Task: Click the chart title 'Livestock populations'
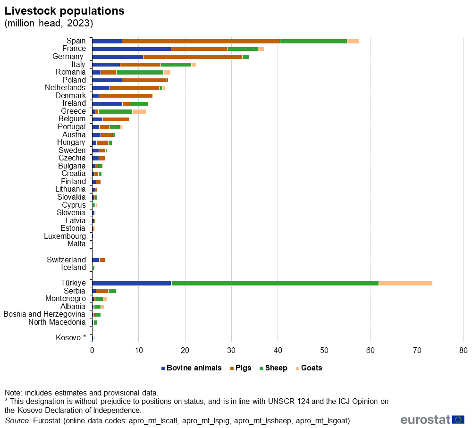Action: click(x=65, y=11)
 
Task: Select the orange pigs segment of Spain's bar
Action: click(x=201, y=41)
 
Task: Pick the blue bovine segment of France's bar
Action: click(x=131, y=49)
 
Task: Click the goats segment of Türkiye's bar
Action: click(x=405, y=283)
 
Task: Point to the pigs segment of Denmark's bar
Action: click(x=126, y=95)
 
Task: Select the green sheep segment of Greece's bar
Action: click(x=115, y=111)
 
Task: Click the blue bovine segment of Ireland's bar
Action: click(x=107, y=103)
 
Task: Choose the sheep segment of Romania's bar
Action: click(x=140, y=72)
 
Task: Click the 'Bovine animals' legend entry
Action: click(x=191, y=368)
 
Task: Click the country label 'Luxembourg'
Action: click(x=65, y=236)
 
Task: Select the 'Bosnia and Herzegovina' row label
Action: click(x=45, y=314)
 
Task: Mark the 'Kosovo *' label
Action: click(x=71, y=337)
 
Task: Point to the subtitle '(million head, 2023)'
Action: click(x=49, y=23)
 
